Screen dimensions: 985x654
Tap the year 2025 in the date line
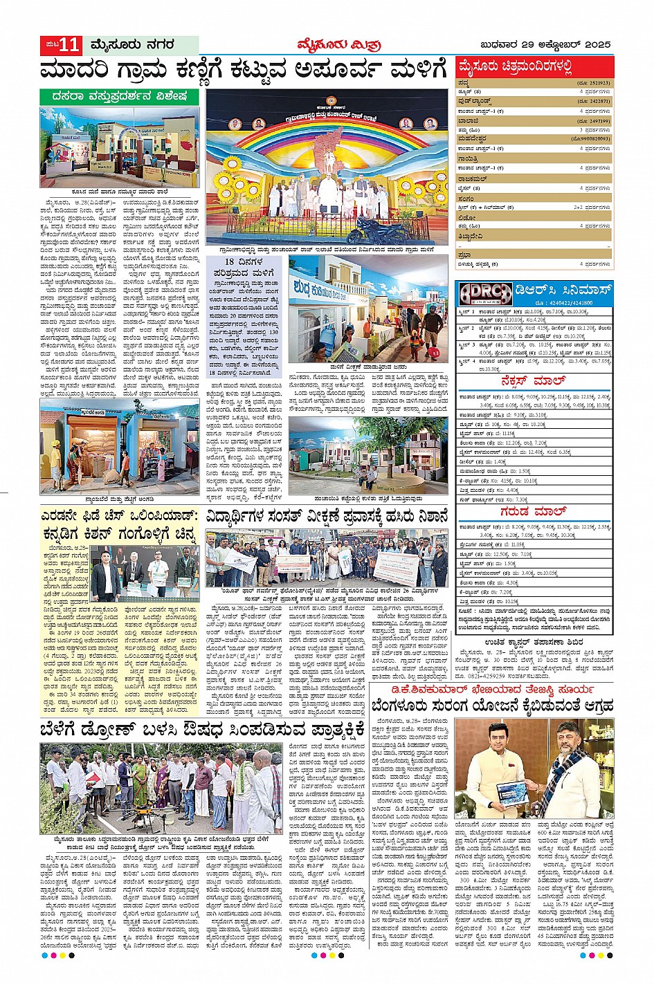click(x=597, y=45)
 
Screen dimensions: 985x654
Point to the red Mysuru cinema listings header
click(x=516, y=67)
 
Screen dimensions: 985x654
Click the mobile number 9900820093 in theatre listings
click(x=591, y=139)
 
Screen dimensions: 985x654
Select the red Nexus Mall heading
click(x=534, y=381)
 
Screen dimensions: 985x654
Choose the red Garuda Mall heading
click(x=534, y=511)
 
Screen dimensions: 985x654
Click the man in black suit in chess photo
click(x=104, y=580)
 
